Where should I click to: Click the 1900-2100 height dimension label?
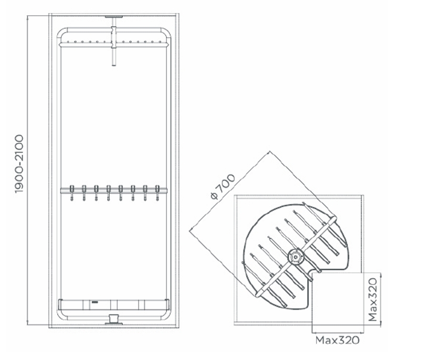[19, 164]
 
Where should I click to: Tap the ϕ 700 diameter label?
[223, 186]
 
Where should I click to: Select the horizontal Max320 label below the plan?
[337, 340]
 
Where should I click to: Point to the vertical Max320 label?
[372, 300]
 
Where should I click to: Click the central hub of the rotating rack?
[296, 257]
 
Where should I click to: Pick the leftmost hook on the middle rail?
[72, 193]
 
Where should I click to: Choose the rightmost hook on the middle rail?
[157, 193]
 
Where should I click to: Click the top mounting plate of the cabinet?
[113, 17]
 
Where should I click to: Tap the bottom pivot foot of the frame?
[113, 320]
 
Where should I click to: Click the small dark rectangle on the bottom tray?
[95, 302]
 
